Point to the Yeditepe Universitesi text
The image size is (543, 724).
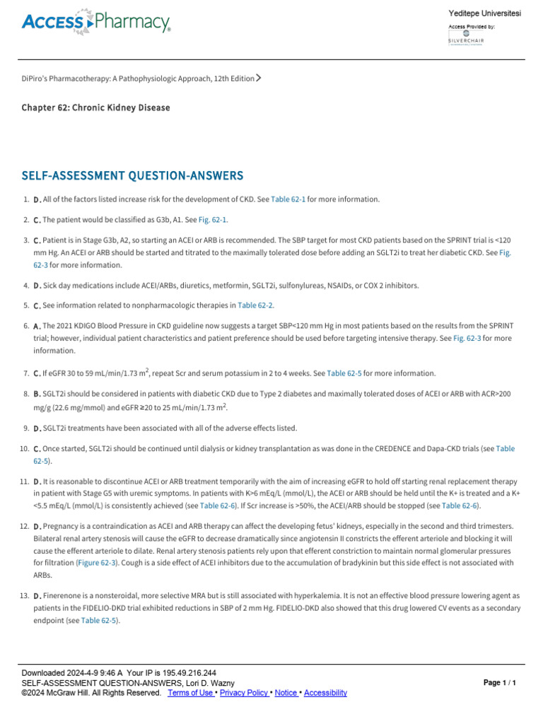pyautogui.click(x=484, y=15)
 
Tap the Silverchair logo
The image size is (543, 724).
pyautogui.click(x=466, y=37)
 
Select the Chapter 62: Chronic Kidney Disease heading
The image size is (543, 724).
pyautogui.click(x=95, y=107)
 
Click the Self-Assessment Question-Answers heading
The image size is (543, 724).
pyautogui.click(x=132, y=175)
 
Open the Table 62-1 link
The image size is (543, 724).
pyautogui.click(x=288, y=199)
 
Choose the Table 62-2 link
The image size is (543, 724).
pyautogui.click(x=255, y=305)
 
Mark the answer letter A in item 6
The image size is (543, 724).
pyautogui.click(x=37, y=326)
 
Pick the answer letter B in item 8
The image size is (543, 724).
pyautogui.click(x=37, y=394)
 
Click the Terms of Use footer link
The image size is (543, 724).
pyautogui.click(x=191, y=693)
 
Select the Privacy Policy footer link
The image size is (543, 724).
pyautogui.click(x=244, y=693)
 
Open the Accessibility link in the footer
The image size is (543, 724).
pyautogui.click(x=325, y=693)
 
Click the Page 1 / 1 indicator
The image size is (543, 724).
pyautogui.click(x=500, y=683)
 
